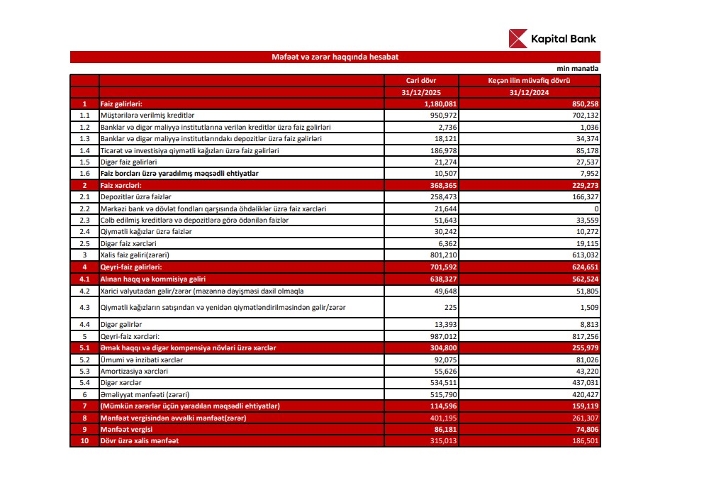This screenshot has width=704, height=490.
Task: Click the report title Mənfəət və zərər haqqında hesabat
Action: tap(335, 57)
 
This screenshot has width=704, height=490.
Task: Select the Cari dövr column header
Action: tap(421, 81)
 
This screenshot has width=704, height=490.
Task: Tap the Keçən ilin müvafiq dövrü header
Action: tap(529, 81)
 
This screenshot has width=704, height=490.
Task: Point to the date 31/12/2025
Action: tap(421, 92)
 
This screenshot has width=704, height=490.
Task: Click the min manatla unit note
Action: tap(577, 69)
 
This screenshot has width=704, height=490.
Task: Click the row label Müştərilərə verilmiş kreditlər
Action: tap(147, 114)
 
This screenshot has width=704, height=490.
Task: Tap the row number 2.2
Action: tap(84, 208)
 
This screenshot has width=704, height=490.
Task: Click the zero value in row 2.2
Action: tap(596, 208)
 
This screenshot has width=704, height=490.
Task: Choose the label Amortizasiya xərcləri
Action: tap(134, 371)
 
